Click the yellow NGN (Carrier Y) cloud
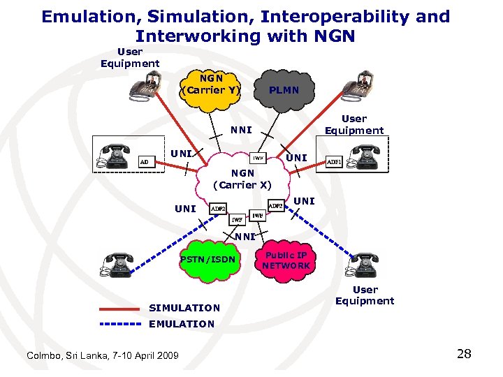(210, 89)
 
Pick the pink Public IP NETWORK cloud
(286, 260)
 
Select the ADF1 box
(335, 162)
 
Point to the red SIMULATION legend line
(119, 307)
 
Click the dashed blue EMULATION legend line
(119, 324)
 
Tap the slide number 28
(464, 354)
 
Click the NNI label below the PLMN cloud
(241, 130)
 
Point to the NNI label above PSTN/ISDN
(245, 236)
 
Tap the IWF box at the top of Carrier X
(258, 158)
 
